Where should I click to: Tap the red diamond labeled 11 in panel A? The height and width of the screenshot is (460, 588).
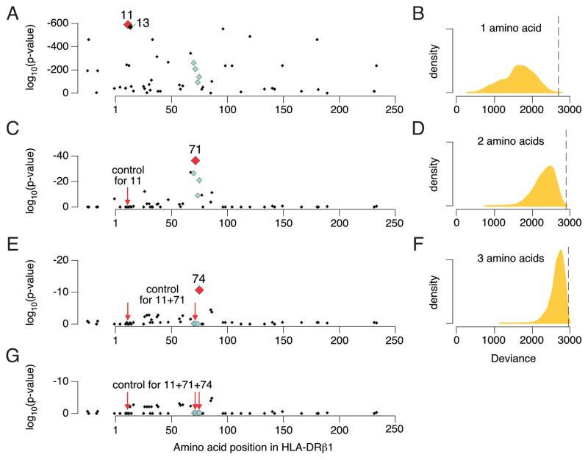point(126,24)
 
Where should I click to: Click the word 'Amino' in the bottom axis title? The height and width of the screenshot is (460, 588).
point(190,447)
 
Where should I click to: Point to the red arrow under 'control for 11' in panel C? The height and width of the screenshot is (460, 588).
point(127,195)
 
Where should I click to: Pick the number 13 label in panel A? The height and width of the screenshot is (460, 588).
point(143,24)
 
